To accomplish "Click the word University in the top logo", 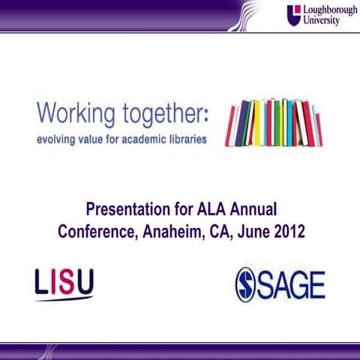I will (320, 21).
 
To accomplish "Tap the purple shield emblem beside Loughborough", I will (293, 15).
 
